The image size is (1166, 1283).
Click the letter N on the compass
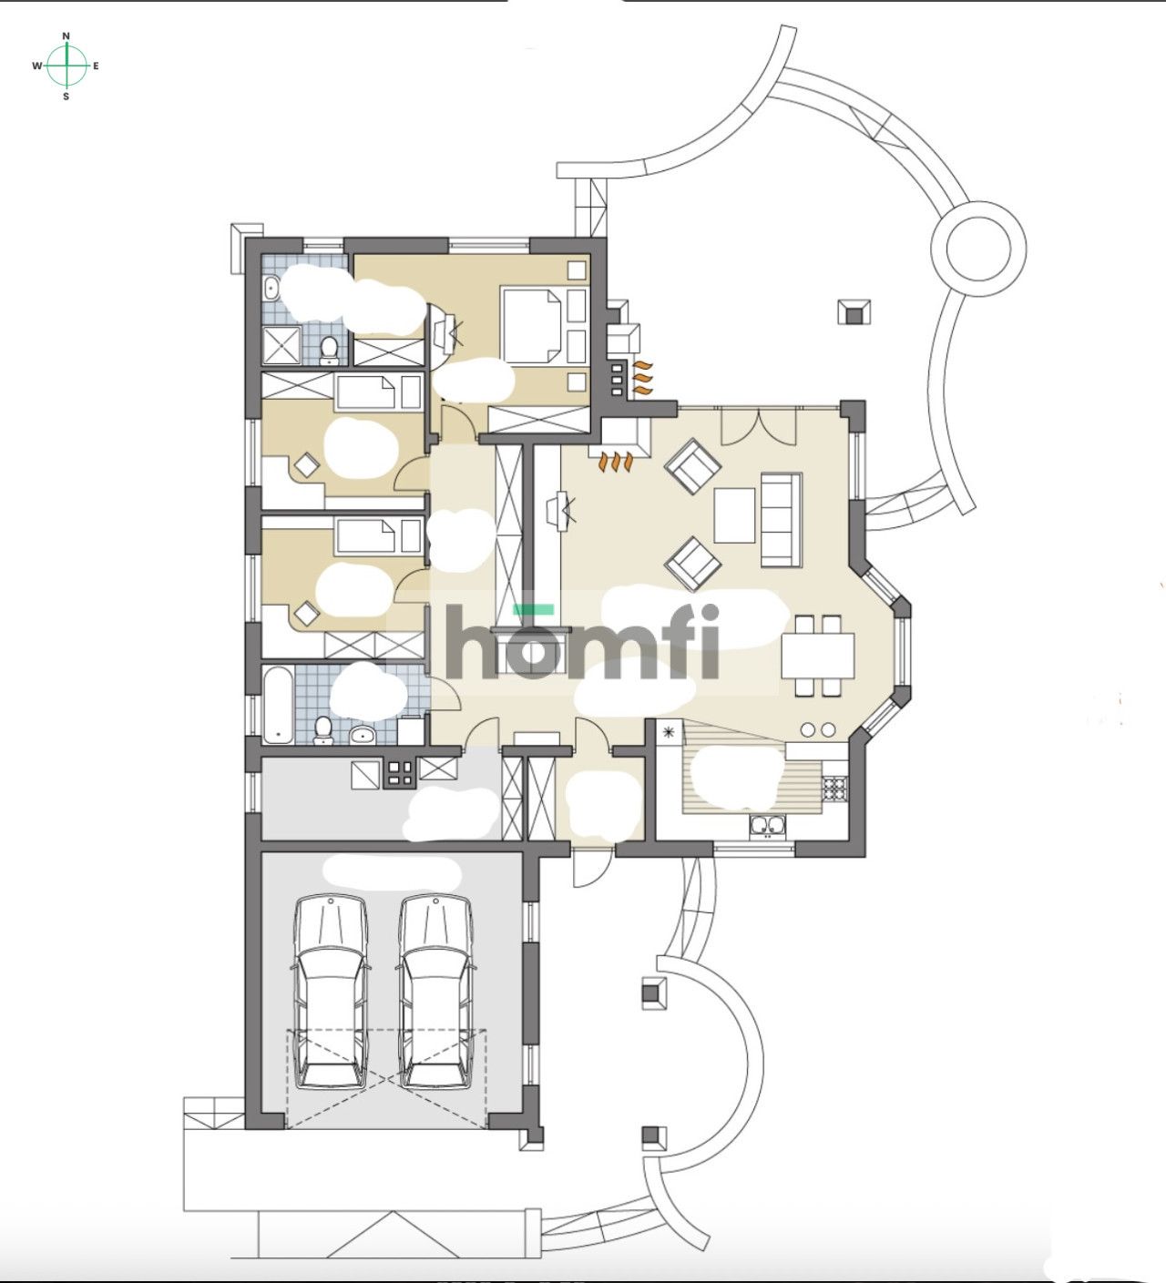click(66, 36)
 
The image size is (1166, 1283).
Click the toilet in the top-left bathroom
click(329, 348)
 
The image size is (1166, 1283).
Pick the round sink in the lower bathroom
click(362, 734)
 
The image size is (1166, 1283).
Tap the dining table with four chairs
click(817, 656)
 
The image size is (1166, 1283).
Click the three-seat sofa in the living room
click(781, 518)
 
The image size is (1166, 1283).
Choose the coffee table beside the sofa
click(734, 515)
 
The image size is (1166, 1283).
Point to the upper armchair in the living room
click(693, 465)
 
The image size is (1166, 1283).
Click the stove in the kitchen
click(834, 788)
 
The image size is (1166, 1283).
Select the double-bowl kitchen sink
click(768, 826)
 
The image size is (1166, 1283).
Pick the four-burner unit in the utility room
click(400, 773)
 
